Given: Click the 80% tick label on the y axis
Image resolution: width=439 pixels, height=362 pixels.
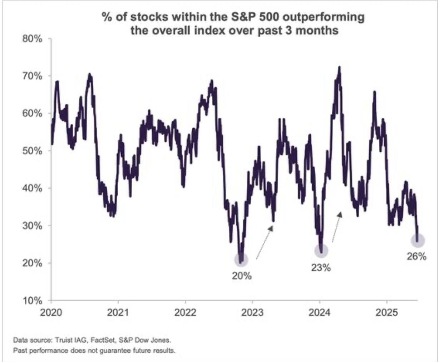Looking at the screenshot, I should click(33, 39).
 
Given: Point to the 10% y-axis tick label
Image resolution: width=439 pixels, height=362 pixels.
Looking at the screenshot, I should click(33, 301).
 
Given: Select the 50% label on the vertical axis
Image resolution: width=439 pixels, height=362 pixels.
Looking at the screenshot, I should click(33, 151).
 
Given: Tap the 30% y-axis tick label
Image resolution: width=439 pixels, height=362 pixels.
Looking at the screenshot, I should click(33, 226).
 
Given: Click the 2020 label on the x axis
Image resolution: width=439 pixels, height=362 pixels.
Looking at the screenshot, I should click(51, 312).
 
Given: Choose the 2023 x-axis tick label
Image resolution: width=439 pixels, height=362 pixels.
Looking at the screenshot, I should click(252, 312).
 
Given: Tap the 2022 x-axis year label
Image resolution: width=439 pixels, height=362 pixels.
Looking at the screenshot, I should click(185, 312).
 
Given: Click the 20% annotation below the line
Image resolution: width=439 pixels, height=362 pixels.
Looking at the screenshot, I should click(242, 276).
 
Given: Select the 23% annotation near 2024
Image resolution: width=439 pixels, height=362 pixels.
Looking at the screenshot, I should click(321, 267).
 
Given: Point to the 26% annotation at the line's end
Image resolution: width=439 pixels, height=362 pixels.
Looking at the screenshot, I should click(417, 256).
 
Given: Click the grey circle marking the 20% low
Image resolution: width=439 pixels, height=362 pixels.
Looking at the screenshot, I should click(241, 260).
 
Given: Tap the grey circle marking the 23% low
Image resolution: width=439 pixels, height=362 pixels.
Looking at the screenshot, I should click(321, 251).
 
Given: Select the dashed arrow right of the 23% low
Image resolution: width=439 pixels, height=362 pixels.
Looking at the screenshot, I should click(336, 227).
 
